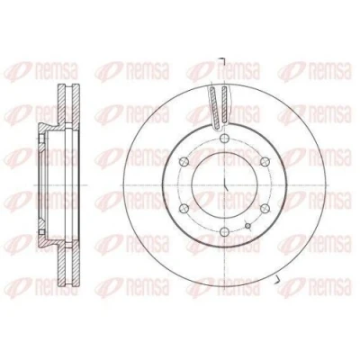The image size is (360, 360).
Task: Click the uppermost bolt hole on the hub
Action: point(224,139)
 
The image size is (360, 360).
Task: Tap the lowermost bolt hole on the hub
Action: point(224,231)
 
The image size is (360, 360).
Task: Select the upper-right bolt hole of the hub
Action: point(265,162)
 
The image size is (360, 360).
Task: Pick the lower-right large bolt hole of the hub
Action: point(265,209)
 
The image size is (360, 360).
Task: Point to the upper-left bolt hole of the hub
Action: point(184,162)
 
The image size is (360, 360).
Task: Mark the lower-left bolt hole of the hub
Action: point(184,208)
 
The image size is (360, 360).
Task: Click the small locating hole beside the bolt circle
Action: point(247,226)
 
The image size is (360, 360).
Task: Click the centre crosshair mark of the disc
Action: point(225,184)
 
